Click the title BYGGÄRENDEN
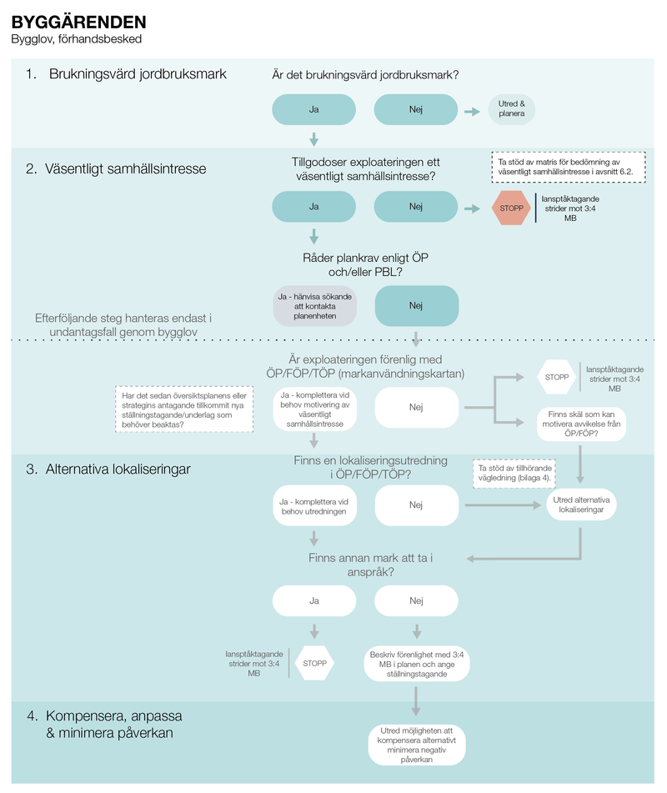(x=78, y=23)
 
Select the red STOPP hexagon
(x=511, y=207)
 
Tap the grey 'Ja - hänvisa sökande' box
(x=315, y=305)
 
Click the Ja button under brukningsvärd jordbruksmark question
(x=314, y=109)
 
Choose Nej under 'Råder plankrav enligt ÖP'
(x=416, y=305)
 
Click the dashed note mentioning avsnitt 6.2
(x=568, y=165)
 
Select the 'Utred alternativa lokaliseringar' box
(x=581, y=504)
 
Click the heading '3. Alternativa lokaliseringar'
(x=108, y=469)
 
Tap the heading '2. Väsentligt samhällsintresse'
(x=116, y=168)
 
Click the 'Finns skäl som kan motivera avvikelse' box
(x=581, y=424)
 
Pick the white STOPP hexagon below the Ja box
(x=314, y=663)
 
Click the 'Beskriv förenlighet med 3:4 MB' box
(x=416, y=665)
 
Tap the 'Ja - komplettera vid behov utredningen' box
(x=314, y=505)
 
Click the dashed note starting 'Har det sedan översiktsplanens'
(x=183, y=408)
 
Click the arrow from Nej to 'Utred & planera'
(x=473, y=109)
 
